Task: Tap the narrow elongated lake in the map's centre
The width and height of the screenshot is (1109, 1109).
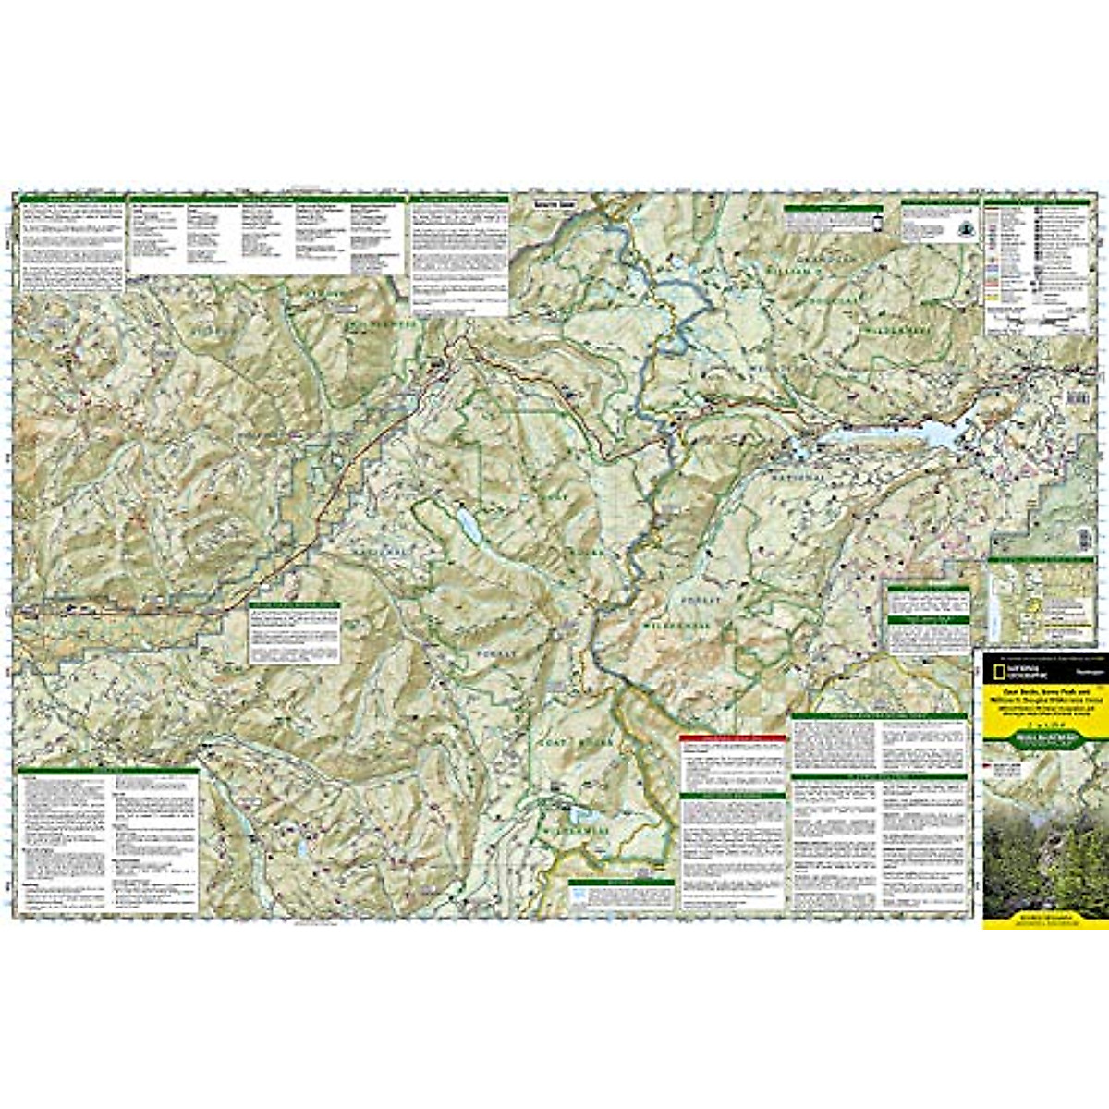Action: [x=468, y=524]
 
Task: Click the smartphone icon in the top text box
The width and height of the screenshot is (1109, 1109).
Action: [x=877, y=222]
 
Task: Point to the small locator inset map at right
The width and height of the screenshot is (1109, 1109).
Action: [x=1040, y=601]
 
